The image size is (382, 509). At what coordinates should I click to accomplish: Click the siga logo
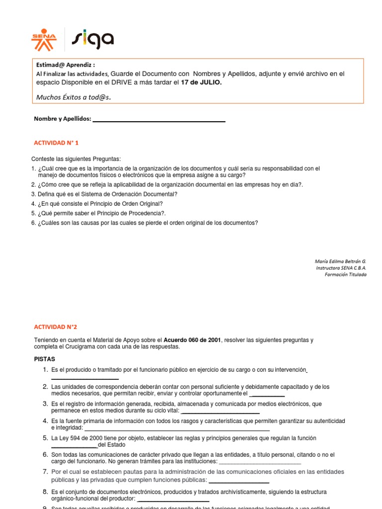(93, 40)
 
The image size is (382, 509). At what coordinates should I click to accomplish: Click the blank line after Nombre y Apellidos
(159, 119)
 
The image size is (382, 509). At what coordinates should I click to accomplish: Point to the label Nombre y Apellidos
(63, 119)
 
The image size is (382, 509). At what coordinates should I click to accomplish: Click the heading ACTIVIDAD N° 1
(56, 143)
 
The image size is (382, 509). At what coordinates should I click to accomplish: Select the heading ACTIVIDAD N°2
(55, 327)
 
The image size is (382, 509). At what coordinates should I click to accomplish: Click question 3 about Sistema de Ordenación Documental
(107, 194)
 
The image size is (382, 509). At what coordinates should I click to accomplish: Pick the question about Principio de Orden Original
(100, 203)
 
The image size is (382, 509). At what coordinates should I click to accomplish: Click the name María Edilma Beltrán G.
(340, 261)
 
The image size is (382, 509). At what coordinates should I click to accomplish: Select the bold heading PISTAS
(44, 359)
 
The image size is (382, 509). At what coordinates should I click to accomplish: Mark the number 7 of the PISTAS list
(45, 471)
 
